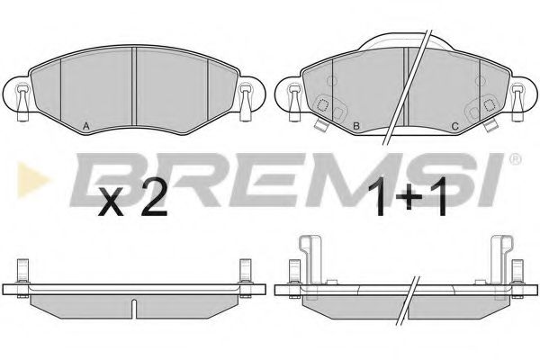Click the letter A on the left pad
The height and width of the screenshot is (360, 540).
86,126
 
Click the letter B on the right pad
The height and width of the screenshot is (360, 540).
356,126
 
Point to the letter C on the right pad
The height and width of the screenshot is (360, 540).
454,126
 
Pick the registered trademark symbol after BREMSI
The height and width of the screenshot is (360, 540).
515,159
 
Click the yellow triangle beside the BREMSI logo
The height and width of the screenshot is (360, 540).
31,179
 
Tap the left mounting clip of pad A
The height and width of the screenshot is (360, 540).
22,103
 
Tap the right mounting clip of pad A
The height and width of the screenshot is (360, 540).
245,103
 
